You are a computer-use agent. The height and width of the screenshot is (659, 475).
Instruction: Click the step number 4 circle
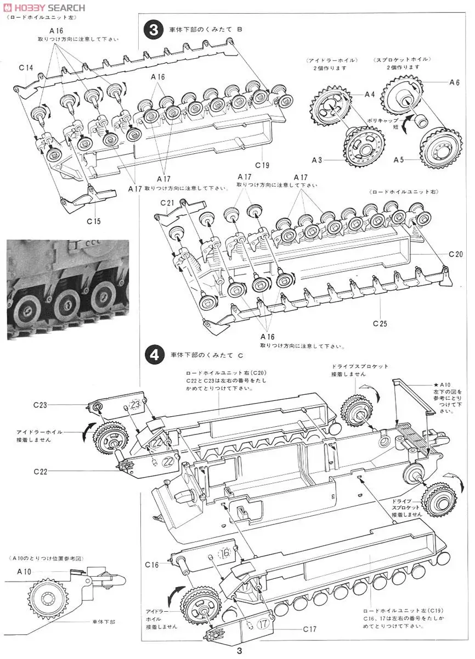coord(152,356)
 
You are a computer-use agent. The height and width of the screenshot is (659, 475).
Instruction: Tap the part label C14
coord(26,68)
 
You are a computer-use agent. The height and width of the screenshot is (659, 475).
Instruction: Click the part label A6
coord(454,82)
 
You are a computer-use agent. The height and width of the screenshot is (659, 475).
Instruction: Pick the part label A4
coord(370,94)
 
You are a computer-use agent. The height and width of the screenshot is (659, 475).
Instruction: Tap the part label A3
coord(316,160)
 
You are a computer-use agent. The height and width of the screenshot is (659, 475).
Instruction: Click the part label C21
coord(167,203)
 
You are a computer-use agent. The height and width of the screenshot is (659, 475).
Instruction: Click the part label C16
coord(152,564)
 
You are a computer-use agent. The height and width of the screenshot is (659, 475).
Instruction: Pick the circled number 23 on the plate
coord(135,405)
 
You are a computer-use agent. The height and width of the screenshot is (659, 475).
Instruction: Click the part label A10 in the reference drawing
coord(24,572)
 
